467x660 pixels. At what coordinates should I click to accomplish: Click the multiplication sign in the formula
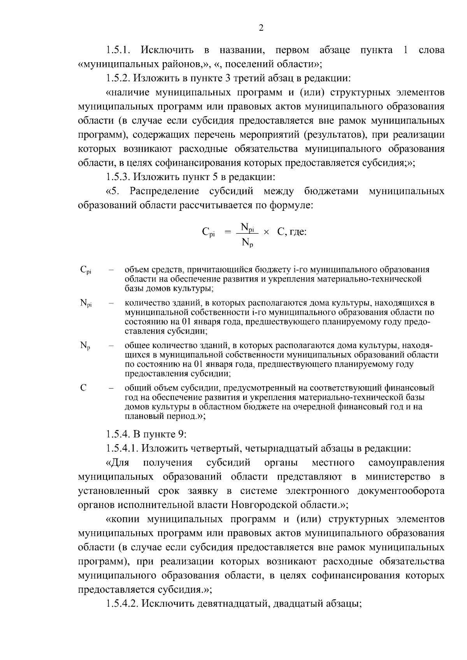266,232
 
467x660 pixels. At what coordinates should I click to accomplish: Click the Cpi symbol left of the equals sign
208,233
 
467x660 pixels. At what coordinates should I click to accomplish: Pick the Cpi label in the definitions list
86,270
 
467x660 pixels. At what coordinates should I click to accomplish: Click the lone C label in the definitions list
83,388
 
